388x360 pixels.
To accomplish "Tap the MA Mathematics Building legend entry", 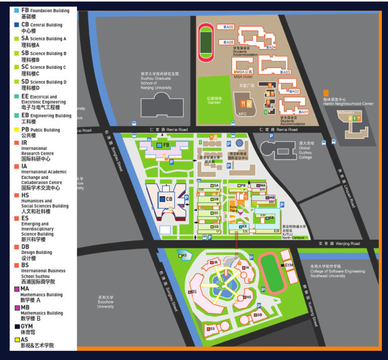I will [x=40, y=292].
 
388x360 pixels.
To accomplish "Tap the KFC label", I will [x=243, y=114].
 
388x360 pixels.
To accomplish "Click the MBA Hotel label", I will [x=243, y=77].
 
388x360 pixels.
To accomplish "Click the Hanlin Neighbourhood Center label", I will [x=348, y=101].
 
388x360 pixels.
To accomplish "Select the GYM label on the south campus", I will [x=288, y=265].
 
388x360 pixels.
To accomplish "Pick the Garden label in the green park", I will [x=214, y=100].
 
